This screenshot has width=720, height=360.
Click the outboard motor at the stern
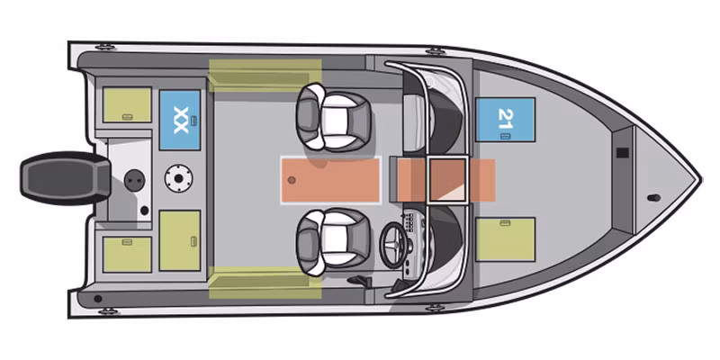(65, 178)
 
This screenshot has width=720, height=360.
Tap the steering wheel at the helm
(394, 245)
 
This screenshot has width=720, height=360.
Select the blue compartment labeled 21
(505, 120)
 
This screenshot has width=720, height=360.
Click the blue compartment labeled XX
(179, 120)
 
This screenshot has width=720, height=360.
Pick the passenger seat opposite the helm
(332, 117)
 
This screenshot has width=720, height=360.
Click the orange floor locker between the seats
(330, 180)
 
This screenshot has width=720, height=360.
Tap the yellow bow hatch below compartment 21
(505, 239)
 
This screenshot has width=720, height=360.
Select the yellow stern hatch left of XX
(127, 104)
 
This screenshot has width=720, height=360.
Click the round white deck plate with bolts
(178, 178)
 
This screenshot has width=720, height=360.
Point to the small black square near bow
(622, 153)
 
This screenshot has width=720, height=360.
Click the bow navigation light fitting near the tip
(654, 198)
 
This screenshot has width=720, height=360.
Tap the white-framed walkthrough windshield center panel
(447, 180)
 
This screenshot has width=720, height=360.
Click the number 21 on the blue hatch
(505, 119)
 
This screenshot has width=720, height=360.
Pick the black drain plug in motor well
(144, 211)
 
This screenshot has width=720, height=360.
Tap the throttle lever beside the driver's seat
(358, 280)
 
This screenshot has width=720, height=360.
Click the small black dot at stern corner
(97, 299)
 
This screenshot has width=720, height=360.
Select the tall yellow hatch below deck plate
(179, 240)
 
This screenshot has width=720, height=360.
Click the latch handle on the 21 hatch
(505, 136)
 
